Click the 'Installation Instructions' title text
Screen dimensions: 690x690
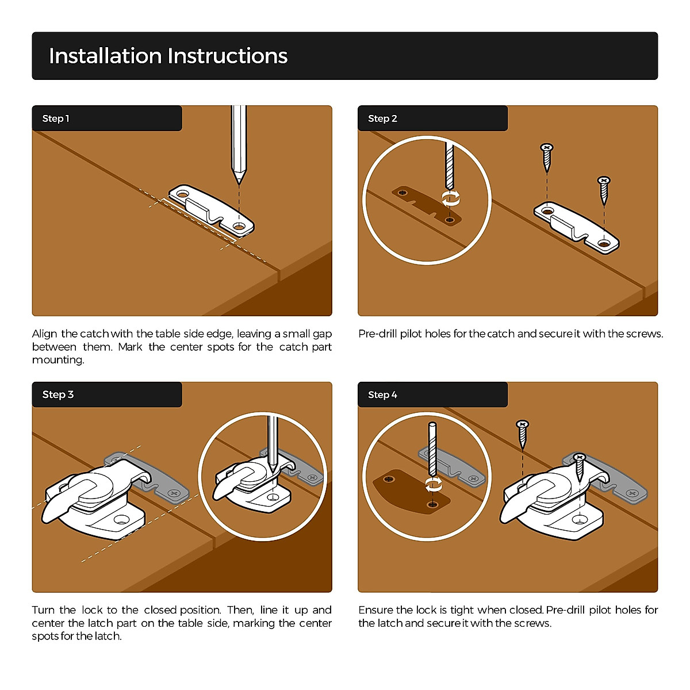pyautogui.click(x=168, y=56)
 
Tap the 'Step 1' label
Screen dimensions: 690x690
pyautogui.click(x=56, y=118)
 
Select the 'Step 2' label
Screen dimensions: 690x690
pyautogui.click(x=382, y=118)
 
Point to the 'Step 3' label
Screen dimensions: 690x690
pyautogui.click(x=57, y=394)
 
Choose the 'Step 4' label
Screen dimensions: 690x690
pyautogui.click(x=382, y=394)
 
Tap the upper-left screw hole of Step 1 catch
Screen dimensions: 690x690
pyautogui.click(x=182, y=194)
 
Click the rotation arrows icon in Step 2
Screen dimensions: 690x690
pyautogui.click(x=450, y=198)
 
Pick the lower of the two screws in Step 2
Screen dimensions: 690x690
pyautogui.click(x=604, y=190)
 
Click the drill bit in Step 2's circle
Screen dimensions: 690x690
pyautogui.click(x=449, y=166)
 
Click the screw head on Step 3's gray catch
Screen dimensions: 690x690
pyautogui.click(x=175, y=493)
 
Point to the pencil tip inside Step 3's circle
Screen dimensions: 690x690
pyautogui.click(x=273, y=470)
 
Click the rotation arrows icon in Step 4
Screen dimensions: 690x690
pyautogui.click(x=434, y=486)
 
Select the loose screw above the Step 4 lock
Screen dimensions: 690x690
pyautogui.click(x=522, y=434)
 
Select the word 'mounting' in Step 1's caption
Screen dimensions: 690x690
pyautogui.click(x=57, y=360)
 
